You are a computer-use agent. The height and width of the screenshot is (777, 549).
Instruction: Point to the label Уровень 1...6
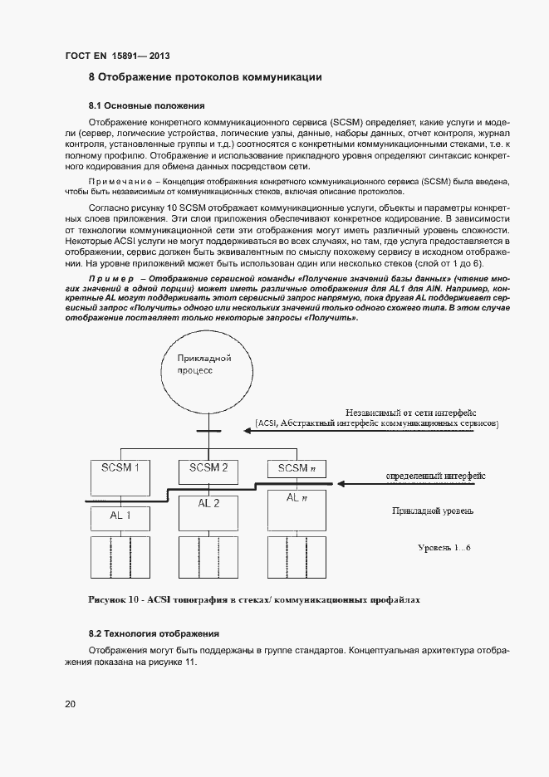(x=444, y=548)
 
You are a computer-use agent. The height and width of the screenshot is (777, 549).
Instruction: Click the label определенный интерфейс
(x=435, y=476)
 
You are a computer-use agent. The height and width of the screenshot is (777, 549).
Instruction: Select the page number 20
(x=71, y=704)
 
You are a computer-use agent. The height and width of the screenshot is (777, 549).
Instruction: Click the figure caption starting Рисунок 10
(x=254, y=598)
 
